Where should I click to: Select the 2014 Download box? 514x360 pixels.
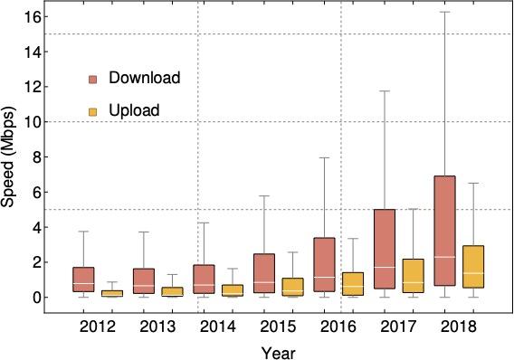(204, 278)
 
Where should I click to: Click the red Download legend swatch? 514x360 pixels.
(93, 79)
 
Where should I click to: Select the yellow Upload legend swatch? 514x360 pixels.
(93, 110)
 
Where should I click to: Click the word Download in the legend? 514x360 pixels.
(145, 78)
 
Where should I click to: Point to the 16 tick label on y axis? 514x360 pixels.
(34, 17)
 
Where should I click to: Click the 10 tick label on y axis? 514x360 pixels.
(34, 122)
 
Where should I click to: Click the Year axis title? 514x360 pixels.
(276, 350)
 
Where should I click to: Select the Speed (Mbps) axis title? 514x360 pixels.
(10, 158)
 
